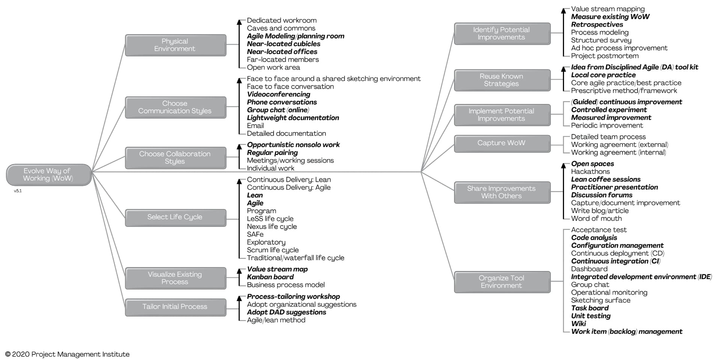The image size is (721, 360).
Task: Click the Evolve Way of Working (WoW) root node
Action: pos(48,175)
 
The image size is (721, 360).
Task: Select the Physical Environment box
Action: pos(175,45)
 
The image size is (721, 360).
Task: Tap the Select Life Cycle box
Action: pos(175,217)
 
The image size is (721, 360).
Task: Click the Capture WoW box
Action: pos(502,143)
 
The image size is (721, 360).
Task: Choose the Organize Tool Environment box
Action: pos(502,282)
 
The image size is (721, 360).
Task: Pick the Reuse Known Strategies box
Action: pos(502,80)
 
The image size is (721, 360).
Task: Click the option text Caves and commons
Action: pos(281,28)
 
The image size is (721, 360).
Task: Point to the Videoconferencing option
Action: pos(279,94)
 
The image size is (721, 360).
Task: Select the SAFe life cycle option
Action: pos(255,234)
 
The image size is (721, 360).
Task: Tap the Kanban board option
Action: pos(270,277)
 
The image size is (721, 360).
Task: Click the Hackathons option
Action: pos(590,172)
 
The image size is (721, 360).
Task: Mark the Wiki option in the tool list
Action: pos(578,324)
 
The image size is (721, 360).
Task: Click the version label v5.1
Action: pos(18,191)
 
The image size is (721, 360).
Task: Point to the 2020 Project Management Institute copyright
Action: pos(67,354)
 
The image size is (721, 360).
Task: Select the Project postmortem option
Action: pos(605,56)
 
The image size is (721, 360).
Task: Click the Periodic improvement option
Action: pos(607,125)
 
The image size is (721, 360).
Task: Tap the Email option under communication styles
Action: pos(255,126)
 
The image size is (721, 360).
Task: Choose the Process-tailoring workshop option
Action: pos(293,297)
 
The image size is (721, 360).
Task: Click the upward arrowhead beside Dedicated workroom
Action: pos(240,22)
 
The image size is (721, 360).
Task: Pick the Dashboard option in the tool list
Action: pos(589,269)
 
